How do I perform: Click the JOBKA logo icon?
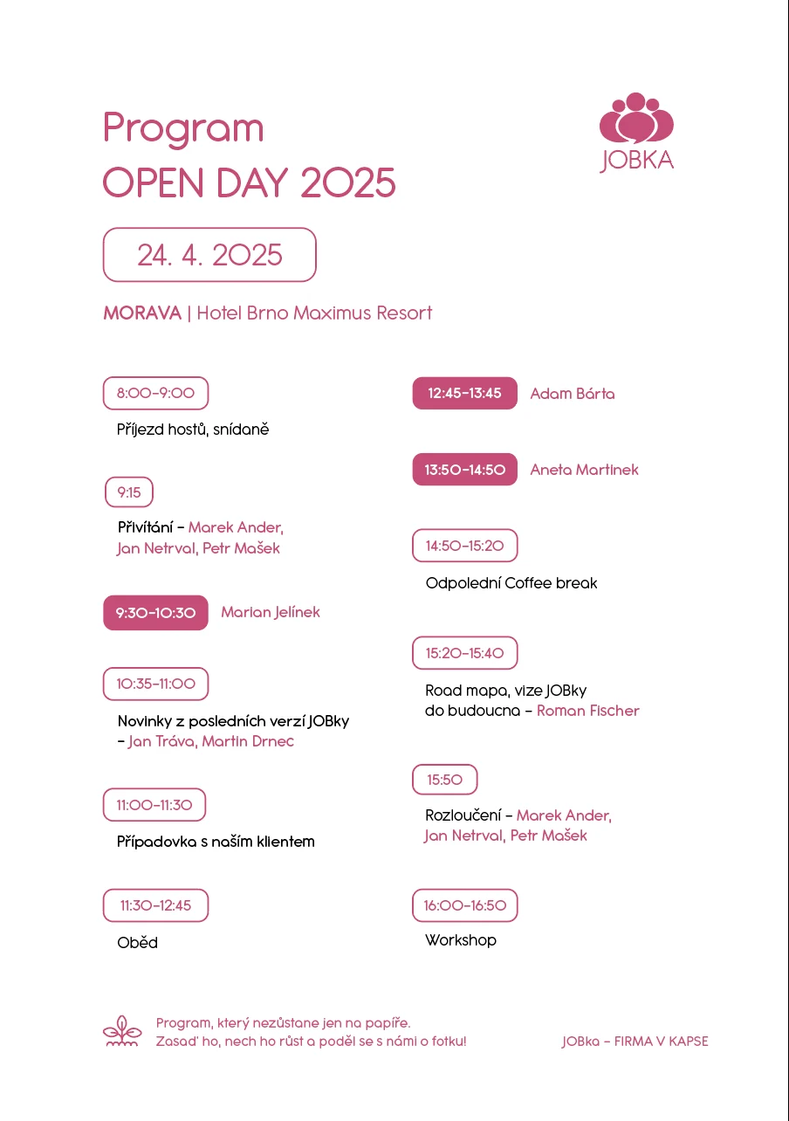tap(636, 119)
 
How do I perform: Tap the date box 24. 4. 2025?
tap(209, 255)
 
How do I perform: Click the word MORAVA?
tap(142, 313)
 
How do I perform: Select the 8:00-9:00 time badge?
tap(155, 393)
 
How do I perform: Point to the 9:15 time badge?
tap(129, 492)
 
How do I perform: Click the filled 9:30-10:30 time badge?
tap(155, 613)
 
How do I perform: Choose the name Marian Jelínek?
tap(271, 612)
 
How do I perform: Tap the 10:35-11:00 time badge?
tap(155, 684)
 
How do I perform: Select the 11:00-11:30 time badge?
tap(154, 805)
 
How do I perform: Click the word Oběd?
tap(138, 943)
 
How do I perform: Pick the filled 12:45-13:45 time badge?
tap(464, 393)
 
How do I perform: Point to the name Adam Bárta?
tap(573, 394)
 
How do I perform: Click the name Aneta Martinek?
tap(584, 470)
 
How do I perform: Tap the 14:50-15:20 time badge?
tap(464, 546)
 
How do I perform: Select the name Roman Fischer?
tap(588, 711)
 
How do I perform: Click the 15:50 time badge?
tap(445, 780)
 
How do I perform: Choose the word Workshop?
tap(461, 940)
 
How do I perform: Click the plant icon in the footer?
tap(122, 1031)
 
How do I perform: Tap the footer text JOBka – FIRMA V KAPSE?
tap(635, 1042)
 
